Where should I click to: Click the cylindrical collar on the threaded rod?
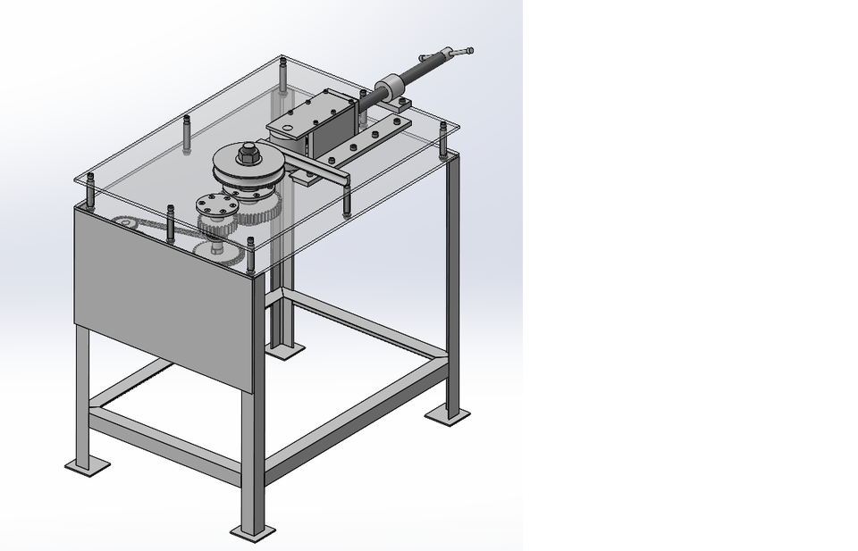pyautogui.click(x=391, y=88)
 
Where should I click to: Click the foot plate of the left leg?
pyautogui.click(x=87, y=465)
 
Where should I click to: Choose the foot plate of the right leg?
pyautogui.click(x=448, y=414)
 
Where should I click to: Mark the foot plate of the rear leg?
pyautogui.click(x=287, y=349)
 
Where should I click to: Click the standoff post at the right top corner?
pyautogui.click(x=442, y=138)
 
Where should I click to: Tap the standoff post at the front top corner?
pyautogui.click(x=250, y=254)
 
